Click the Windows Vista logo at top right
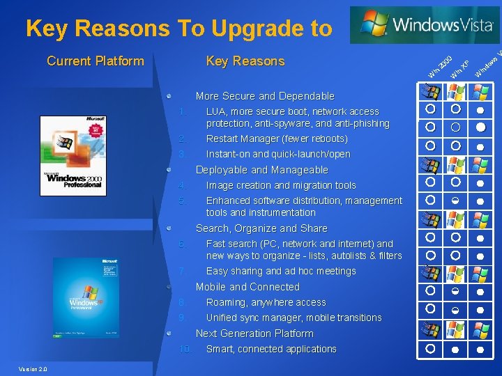(x=425, y=25)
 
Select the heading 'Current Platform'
(x=95, y=61)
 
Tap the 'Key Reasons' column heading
(x=245, y=61)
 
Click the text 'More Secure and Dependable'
(x=265, y=96)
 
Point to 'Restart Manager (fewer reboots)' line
(x=277, y=139)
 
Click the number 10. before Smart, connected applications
(x=185, y=349)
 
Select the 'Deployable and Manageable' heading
(x=261, y=170)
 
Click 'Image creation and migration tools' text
(x=281, y=185)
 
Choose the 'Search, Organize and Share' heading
(x=261, y=228)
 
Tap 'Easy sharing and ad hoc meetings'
(x=281, y=271)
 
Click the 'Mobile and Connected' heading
(x=248, y=287)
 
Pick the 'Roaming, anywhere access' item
(x=266, y=302)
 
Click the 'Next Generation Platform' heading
(x=254, y=334)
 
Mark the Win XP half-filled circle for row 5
(x=456, y=201)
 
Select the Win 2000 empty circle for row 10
(x=431, y=347)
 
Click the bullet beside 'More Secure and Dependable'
(x=169, y=96)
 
